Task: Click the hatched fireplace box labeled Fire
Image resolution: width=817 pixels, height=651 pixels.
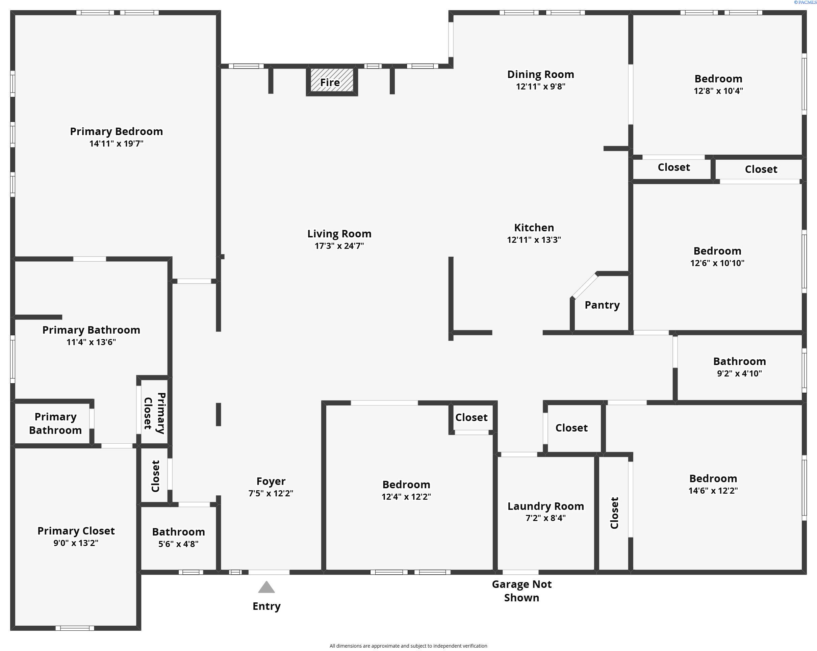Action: click(332, 80)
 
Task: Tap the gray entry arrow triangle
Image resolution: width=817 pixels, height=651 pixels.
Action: click(266, 587)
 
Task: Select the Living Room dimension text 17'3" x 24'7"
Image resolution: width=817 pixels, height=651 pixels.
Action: click(339, 246)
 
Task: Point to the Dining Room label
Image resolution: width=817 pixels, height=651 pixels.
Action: click(541, 74)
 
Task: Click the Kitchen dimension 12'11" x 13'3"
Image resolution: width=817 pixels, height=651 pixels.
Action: click(534, 240)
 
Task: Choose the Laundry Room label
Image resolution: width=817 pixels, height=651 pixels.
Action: click(546, 506)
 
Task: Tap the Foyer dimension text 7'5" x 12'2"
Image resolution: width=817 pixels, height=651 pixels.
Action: click(271, 493)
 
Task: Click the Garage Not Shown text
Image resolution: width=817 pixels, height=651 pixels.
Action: click(522, 591)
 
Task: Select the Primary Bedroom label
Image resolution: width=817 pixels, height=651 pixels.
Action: click(116, 131)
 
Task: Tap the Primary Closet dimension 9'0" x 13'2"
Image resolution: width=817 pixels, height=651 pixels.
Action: click(76, 543)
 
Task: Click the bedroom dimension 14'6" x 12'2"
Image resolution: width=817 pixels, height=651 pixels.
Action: click(713, 491)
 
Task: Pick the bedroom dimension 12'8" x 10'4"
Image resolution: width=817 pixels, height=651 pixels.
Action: click(718, 91)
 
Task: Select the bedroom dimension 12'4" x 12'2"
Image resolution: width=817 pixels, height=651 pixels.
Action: click(406, 497)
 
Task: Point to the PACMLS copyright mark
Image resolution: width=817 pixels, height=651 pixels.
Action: click(805, 2)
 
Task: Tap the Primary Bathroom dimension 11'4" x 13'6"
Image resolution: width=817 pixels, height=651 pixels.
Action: click(91, 342)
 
